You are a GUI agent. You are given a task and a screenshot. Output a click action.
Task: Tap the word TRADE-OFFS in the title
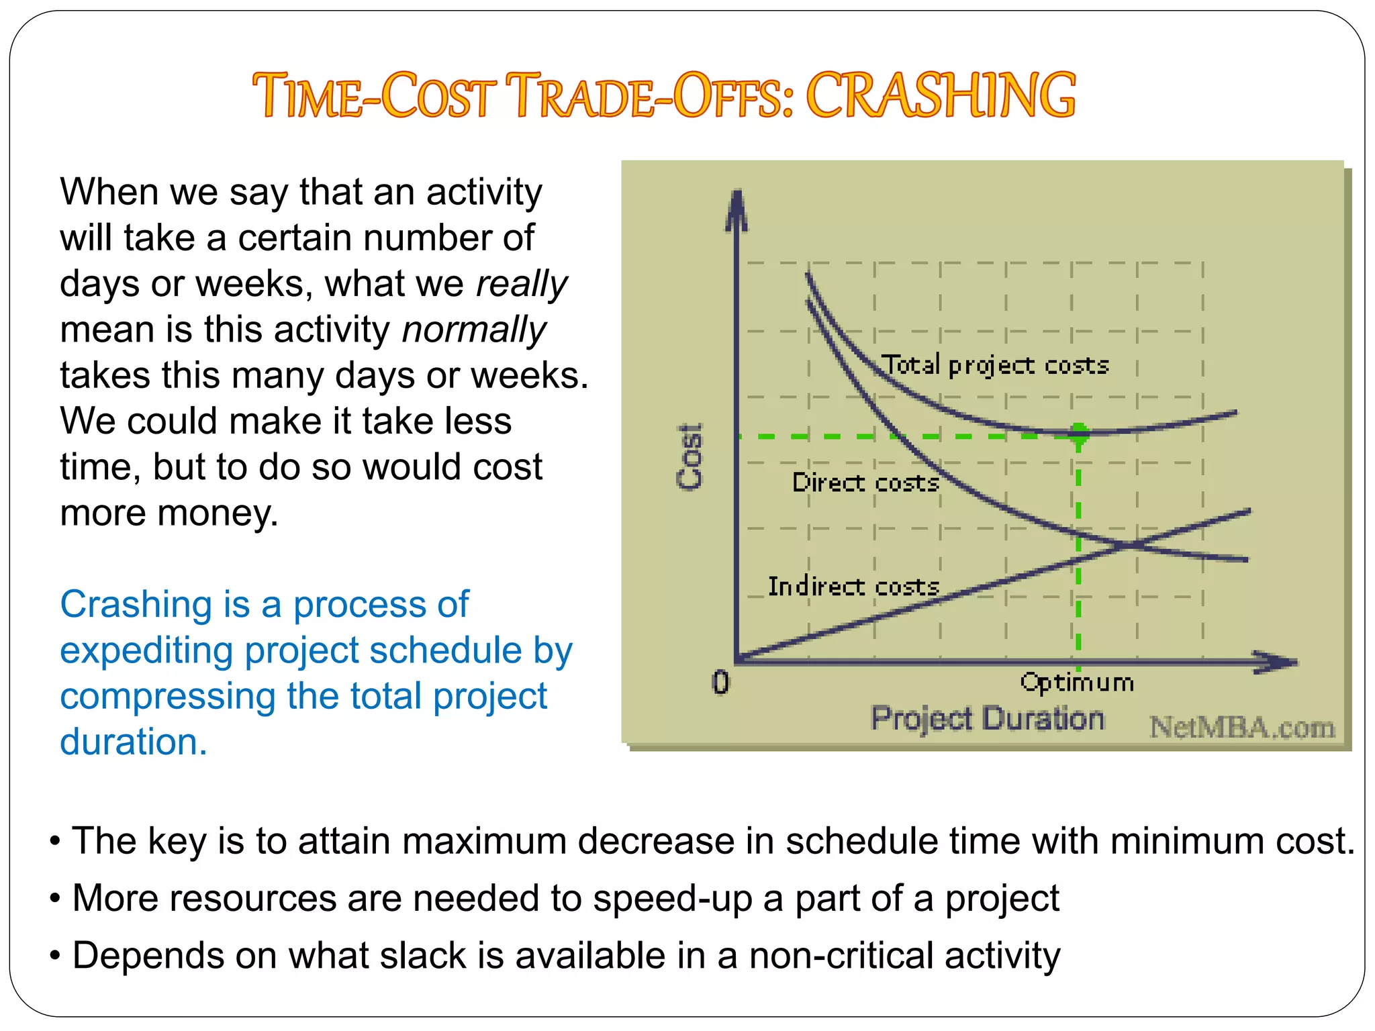pyautogui.click(x=649, y=95)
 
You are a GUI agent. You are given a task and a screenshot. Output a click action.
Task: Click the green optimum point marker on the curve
pyautogui.click(x=1079, y=432)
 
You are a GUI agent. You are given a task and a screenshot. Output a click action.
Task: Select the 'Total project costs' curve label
pyautogui.click(x=994, y=365)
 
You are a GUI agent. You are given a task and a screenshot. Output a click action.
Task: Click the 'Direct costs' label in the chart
pyautogui.click(x=865, y=483)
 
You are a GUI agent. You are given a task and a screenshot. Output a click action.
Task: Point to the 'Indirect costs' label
pyautogui.click(x=853, y=587)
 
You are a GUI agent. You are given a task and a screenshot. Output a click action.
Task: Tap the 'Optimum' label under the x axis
pyautogui.click(x=1077, y=683)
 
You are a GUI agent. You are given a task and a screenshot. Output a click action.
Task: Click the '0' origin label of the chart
pyautogui.click(x=720, y=683)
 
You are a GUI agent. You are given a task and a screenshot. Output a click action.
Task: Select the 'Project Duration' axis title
pyautogui.click(x=987, y=719)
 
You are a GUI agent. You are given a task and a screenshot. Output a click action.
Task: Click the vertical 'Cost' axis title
pyautogui.click(x=690, y=456)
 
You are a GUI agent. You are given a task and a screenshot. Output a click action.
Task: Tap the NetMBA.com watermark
pyautogui.click(x=1242, y=728)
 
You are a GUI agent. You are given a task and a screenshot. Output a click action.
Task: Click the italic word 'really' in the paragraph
pyautogui.click(x=522, y=284)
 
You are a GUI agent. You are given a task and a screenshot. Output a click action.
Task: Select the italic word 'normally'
pyautogui.click(x=474, y=330)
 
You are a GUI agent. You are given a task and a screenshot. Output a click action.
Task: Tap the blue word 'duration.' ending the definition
pyautogui.click(x=134, y=742)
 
